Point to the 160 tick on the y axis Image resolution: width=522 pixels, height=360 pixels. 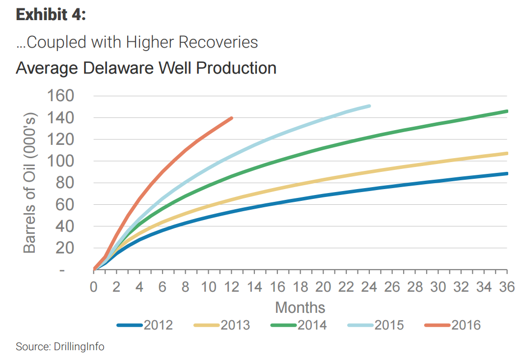60,96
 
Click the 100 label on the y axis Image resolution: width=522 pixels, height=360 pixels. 60,161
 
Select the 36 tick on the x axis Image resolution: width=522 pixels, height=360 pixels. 507,287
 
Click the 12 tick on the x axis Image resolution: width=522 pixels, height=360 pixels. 231,287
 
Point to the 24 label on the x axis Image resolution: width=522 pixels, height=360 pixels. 369,287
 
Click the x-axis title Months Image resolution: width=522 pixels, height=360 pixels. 300,307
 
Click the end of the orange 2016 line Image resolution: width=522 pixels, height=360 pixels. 231,118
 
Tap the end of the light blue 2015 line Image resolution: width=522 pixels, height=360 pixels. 369,106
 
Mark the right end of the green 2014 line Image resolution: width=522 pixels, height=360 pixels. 506,111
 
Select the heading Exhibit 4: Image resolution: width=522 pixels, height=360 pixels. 51,15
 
